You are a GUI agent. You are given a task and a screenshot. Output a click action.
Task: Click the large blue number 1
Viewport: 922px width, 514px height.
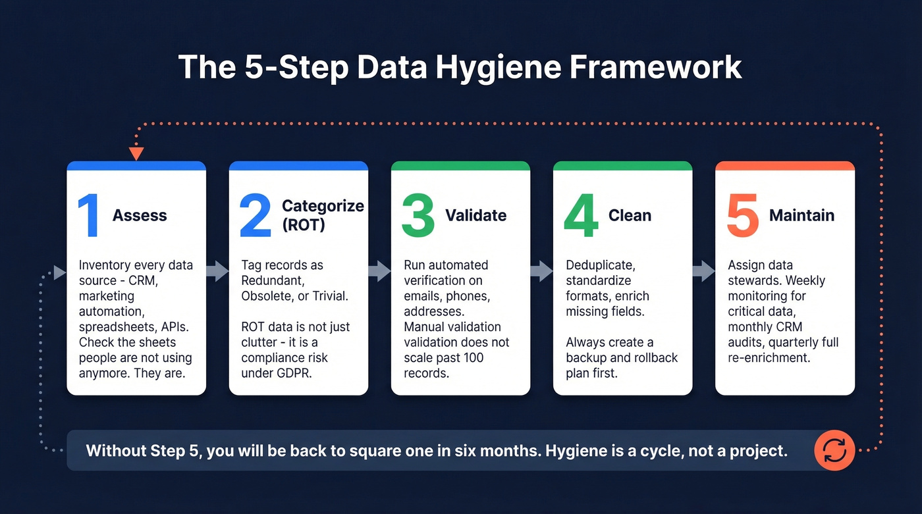(88, 215)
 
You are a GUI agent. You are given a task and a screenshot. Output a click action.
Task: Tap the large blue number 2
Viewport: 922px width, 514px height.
(256, 215)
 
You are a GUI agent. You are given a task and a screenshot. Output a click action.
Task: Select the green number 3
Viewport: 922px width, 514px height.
(418, 215)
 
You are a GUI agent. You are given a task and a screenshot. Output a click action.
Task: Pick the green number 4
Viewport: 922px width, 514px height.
(581, 215)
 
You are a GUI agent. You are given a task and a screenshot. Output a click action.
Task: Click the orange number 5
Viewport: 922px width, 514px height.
(742, 215)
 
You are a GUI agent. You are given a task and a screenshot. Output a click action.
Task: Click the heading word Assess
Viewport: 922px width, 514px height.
(140, 215)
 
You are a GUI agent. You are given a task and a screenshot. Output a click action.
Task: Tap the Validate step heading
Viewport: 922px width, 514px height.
(475, 215)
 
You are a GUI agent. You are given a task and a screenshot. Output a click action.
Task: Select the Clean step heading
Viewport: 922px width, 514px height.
(630, 215)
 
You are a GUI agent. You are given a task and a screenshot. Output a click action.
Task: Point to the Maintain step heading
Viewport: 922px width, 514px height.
(801, 215)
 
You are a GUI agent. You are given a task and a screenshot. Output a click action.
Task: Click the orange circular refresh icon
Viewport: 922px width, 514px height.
(834, 451)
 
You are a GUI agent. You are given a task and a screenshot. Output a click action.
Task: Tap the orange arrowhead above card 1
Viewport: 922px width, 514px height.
(136, 154)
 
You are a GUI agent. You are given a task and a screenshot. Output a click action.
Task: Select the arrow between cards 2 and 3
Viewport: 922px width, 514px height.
(379, 270)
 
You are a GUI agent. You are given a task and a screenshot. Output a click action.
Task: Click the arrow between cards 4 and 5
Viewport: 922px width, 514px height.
(703, 270)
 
